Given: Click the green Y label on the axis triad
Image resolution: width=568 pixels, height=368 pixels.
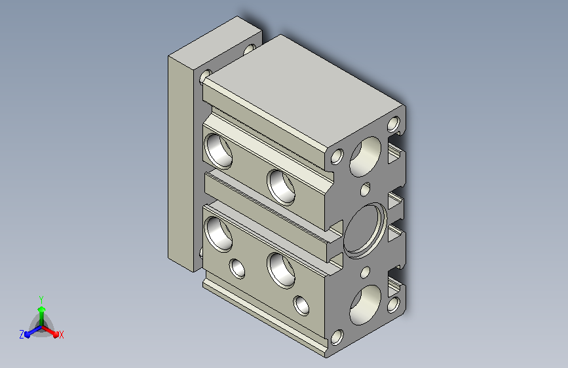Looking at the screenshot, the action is click(41, 300).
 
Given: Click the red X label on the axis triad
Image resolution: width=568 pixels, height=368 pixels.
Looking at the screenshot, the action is click(61, 335).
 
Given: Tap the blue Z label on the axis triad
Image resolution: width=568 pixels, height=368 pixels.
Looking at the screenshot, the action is click(22, 335).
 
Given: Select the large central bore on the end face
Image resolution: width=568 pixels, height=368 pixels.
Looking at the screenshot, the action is click(365, 230).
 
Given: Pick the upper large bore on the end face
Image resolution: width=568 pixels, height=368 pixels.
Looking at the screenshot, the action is click(365, 156).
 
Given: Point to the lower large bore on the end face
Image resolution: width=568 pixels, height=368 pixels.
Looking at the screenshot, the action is click(365, 304).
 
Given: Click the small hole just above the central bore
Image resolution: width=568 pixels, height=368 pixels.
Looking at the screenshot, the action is click(366, 189).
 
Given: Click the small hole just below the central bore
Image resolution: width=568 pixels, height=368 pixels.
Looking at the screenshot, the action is click(366, 272).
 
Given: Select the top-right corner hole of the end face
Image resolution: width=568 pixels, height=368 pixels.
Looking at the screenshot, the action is click(394, 124).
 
